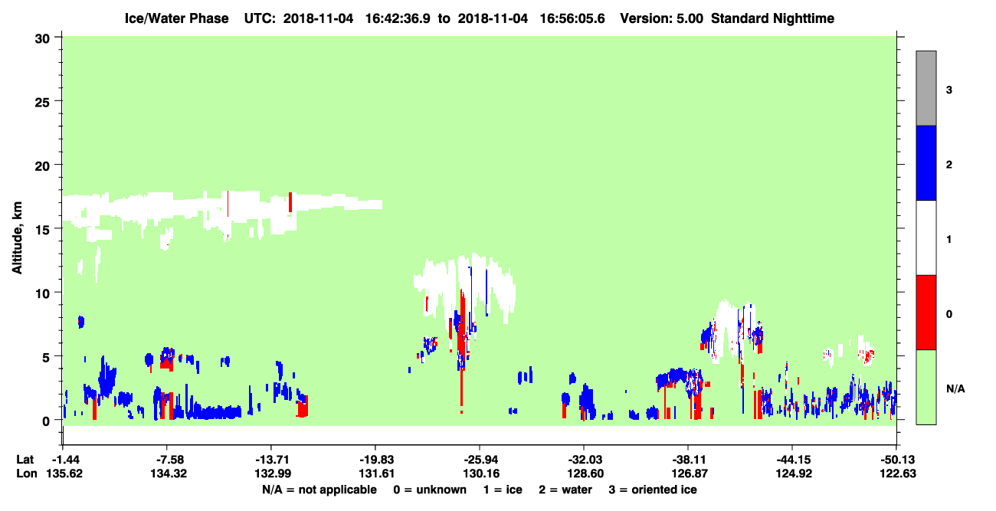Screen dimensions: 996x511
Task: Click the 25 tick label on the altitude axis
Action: click(x=42, y=103)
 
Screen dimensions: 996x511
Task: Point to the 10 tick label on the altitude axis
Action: click(x=42, y=293)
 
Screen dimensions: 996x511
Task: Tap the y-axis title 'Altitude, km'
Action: click(x=17, y=237)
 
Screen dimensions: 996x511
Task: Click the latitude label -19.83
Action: click(x=376, y=460)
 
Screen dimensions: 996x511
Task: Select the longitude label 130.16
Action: click(x=481, y=473)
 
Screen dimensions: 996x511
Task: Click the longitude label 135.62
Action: click(x=64, y=473)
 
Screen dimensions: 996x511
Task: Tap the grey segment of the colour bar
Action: click(x=926, y=88)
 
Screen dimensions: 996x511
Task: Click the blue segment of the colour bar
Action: click(x=926, y=162)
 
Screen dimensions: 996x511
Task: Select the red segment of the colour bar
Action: click(x=926, y=313)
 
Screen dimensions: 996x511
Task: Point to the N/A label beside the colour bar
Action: click(x=955, y=389)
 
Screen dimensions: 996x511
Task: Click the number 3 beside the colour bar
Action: click(x=948, y=90)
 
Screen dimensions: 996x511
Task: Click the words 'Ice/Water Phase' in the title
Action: click(x=176, y=18)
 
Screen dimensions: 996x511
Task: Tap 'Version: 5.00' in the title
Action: click(x=662, y=18)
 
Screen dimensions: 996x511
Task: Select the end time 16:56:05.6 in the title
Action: click(x=572, y=18)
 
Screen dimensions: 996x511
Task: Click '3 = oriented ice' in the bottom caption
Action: click(x=653, y=490)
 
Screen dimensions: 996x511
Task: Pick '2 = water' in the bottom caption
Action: click(x=565, y=490)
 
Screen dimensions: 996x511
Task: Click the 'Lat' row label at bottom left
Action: click(x=25, y=460)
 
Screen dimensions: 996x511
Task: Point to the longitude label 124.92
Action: click(x=794, y=473)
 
